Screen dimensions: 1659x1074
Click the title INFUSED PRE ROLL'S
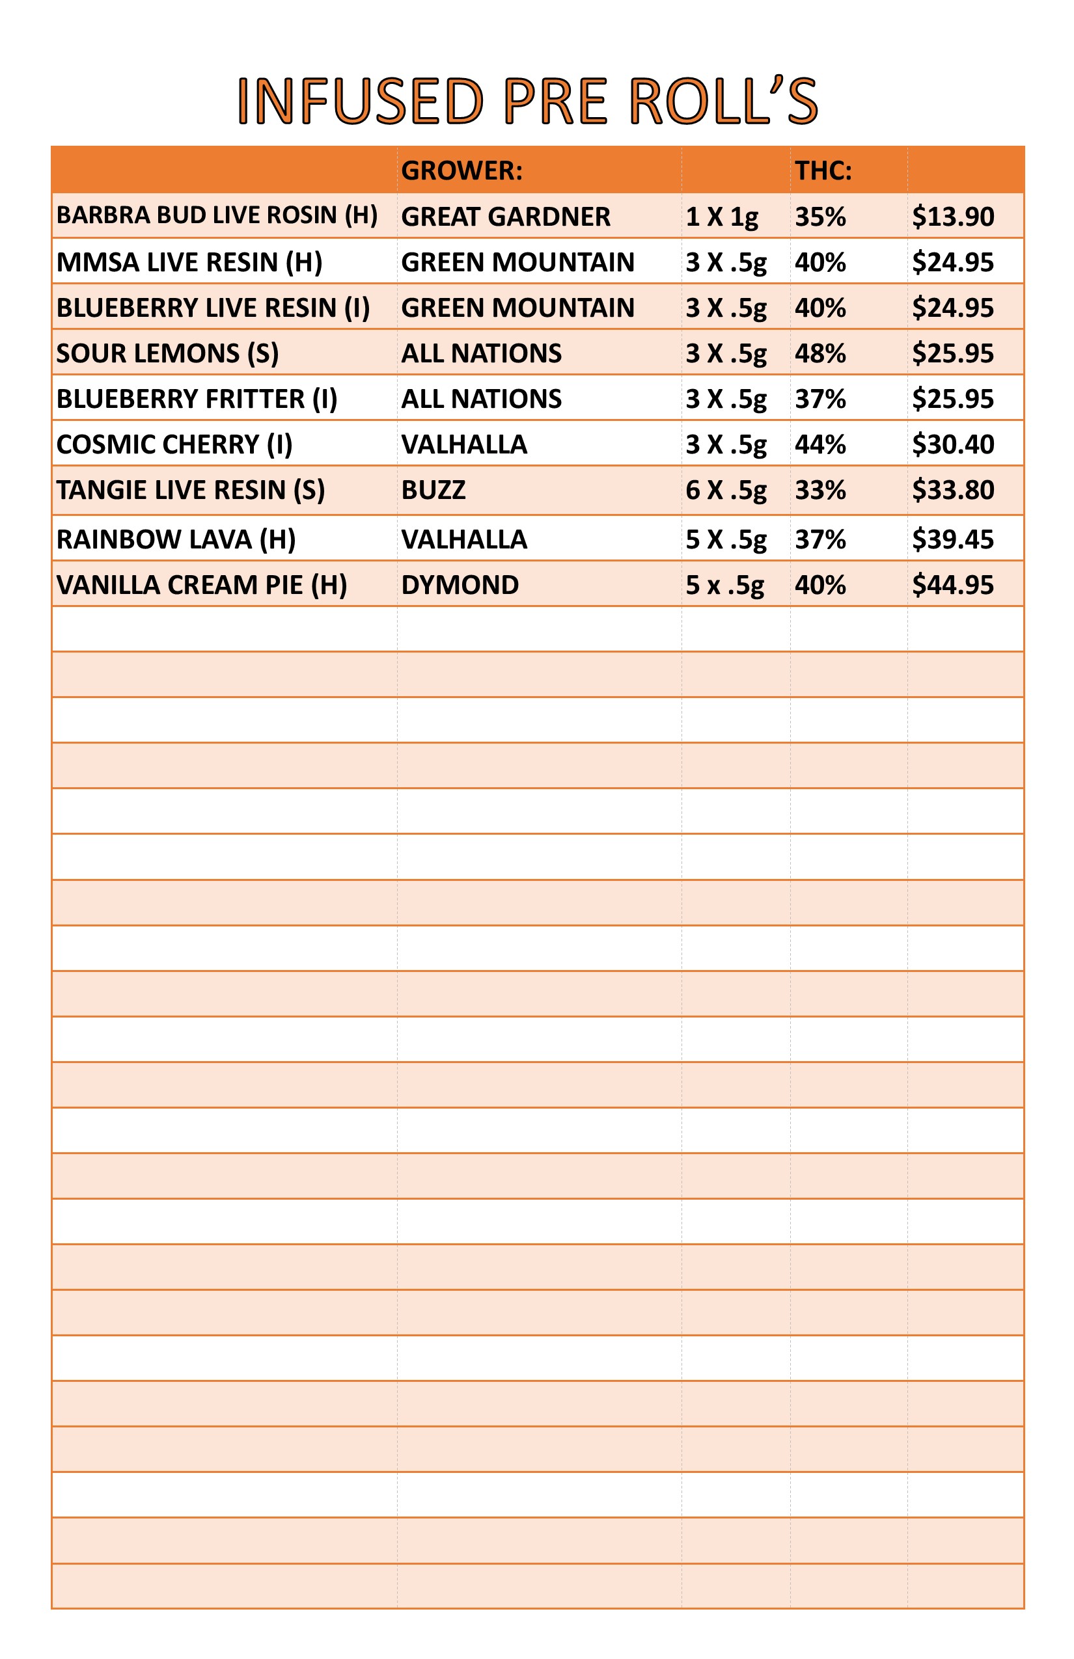coord(527,101)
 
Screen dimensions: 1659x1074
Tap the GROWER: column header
coord(461,170)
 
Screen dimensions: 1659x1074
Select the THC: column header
coord(823,170)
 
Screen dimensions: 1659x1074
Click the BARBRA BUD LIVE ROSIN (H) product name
coord(217,215)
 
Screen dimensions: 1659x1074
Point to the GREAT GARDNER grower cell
coord(506,217)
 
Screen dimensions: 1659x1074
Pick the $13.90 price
coord(953,217)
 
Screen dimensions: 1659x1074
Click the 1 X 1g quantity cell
coord(721,217)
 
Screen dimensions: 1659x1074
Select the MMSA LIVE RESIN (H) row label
coord(189,262)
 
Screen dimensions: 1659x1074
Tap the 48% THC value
coord(820,353)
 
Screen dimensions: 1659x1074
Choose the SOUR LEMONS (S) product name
coord(167,353)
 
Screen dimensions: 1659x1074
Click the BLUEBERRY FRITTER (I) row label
coord(197,399)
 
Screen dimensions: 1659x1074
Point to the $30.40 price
coord(953,444)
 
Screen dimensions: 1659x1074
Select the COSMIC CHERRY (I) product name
coord(174,444)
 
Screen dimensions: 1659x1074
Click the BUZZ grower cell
coord(433,490)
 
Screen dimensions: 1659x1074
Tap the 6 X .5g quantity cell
coord(725,490)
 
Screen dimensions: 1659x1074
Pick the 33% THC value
coord(820,490)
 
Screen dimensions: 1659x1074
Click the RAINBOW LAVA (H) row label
coord(176,539)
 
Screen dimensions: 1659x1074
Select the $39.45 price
coord(953,539)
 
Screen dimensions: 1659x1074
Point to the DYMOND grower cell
coord(460,585)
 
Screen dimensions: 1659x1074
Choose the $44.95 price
coord(953,585)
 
